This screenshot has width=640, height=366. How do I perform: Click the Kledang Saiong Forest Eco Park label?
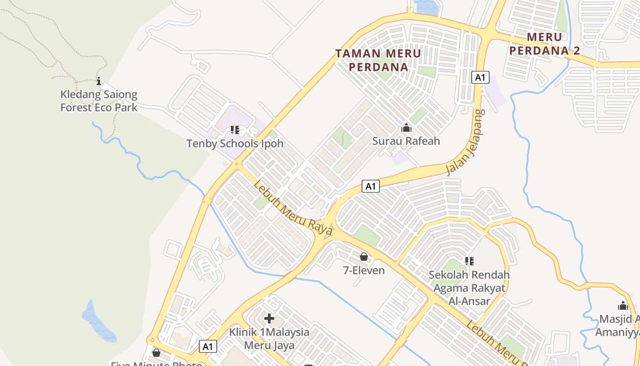[99, 101]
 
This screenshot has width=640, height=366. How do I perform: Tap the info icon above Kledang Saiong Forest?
[99, 81]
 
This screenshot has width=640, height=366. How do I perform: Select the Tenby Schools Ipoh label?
[235, 144]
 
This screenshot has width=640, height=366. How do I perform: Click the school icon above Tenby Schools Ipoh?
[235, 130]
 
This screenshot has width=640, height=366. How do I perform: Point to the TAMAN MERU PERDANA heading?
[379, 60]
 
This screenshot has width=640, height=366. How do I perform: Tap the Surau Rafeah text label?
[406, 141]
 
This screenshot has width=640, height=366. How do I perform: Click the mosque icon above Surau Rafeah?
[406, 128]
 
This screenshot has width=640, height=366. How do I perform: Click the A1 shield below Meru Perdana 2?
[480, 77]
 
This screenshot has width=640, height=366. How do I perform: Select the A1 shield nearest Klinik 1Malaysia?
[208, 346]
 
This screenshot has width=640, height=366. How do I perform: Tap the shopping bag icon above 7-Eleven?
[364, 257]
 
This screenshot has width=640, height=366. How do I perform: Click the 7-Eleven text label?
[364, 270]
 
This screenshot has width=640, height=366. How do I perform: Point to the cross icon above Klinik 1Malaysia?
[269, 318]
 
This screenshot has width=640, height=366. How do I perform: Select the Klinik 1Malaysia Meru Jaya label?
[269, 338]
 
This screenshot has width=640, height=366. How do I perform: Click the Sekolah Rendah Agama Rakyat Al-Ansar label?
[469, 288]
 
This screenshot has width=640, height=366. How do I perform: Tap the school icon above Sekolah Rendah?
[469, 261]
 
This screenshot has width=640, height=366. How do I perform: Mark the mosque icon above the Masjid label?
[623, 306]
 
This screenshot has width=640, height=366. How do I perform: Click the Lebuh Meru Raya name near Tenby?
[293, 208]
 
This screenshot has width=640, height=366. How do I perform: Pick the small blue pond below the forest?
[98, 323]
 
